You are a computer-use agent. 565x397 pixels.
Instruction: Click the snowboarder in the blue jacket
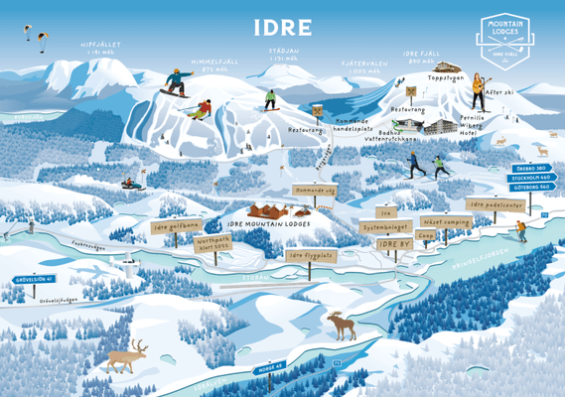[176, 88]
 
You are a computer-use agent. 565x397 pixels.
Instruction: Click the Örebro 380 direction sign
[532, 169]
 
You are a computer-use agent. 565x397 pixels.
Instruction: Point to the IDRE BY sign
[394, 243]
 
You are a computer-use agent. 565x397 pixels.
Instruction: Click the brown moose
[342, 325]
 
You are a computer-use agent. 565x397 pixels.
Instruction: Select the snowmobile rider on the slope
[128, 184]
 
